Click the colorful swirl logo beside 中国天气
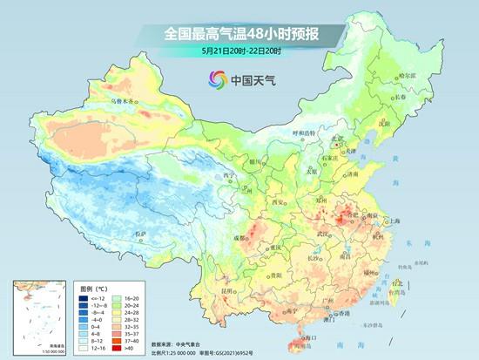pyautogui.click(x=217, y=80)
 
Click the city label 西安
pyautogui.click(x=280, y=201)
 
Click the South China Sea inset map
pyautogui.click(x=34, y=316)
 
